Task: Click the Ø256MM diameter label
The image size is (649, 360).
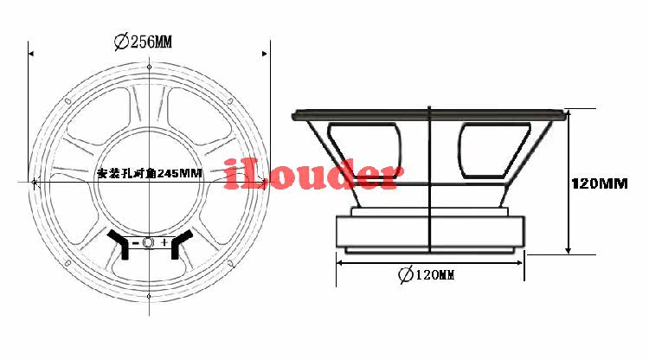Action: point(143,42)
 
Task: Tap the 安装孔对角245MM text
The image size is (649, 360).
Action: point(150,173)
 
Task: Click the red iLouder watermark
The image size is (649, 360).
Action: point(314,174)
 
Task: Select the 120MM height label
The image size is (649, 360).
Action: point(600,183)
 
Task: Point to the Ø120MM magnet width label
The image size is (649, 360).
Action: point(427,274)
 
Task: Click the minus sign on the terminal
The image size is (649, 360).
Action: point(135,242)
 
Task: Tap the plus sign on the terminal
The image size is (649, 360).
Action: point(164,242)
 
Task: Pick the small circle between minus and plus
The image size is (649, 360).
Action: point(148,242)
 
